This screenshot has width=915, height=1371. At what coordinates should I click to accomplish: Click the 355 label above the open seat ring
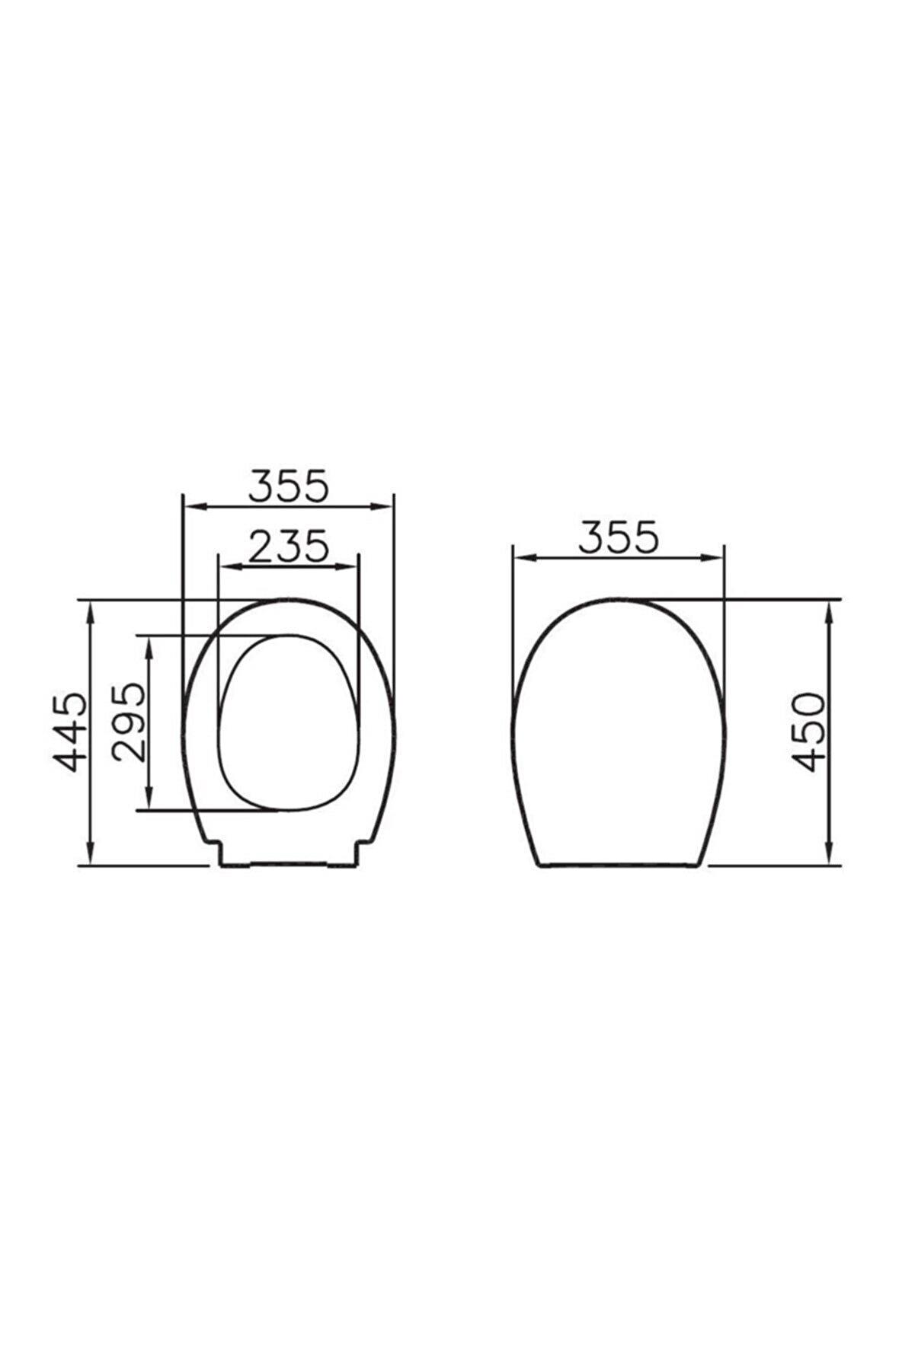pyautogui.click(x=289, y=485)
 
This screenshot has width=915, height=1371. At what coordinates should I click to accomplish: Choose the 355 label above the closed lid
pyautogui.click(x=617, y=537)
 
